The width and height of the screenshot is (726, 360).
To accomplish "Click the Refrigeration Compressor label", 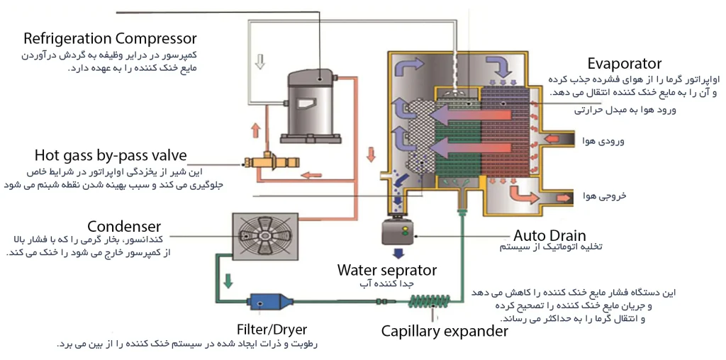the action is [x=110, y=38].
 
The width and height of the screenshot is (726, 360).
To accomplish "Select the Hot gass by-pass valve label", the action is [x=111, y=154].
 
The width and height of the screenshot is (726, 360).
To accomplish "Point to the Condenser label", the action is [x=124, y=227].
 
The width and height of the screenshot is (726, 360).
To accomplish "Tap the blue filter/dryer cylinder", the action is [x=270, y=302].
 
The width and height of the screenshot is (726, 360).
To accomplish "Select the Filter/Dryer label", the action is [x=271, y=330].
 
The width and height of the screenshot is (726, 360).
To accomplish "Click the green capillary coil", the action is [x=429, y=302].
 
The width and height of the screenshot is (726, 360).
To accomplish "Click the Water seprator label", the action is [x=386, y=269].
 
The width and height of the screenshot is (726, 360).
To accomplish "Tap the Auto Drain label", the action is [x=549, y=235].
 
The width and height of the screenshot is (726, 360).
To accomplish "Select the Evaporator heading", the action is [x=625, y=63].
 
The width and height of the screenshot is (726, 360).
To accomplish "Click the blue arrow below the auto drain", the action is [x=398, y=253].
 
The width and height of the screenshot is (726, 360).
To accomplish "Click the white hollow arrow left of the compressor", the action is [x=260, y=62].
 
